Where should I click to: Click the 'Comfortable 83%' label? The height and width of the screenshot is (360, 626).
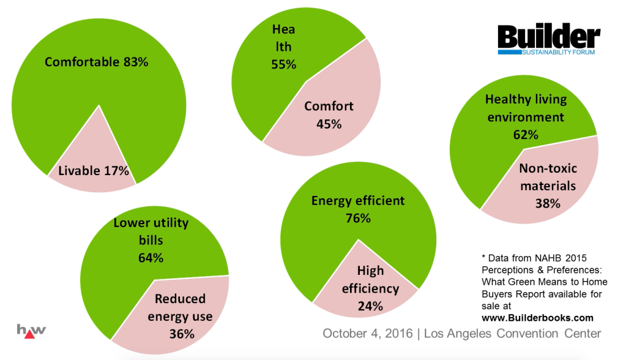[x=97, y=62]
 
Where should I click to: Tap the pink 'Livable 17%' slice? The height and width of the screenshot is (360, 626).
[x=94, y=171]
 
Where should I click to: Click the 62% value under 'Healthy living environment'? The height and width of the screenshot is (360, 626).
[x=526, y=134]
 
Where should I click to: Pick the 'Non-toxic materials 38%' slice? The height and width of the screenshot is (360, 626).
[x=548, y=186]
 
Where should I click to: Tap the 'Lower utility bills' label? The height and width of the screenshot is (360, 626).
[x=151, y=231]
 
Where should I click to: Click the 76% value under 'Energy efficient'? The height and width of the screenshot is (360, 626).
[x=358, y=218]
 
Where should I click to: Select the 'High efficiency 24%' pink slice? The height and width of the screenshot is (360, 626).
[x=370, y=288]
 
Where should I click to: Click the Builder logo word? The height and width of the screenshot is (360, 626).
[x=548, y=38]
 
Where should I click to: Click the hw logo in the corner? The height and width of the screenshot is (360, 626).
[x=31, y=330]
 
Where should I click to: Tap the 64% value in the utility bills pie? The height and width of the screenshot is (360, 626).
[x=151, y=258]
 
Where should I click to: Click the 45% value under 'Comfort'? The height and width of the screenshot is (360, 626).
[x=329, y=124]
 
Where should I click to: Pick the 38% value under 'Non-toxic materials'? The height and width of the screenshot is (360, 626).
[x=548, y=203]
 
